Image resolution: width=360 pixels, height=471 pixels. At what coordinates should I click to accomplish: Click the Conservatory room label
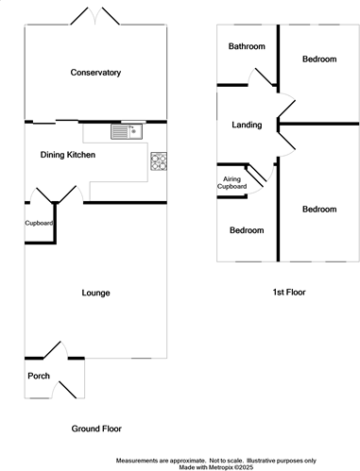tap(95, 73)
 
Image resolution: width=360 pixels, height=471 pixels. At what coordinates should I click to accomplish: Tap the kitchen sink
tap(127, 131)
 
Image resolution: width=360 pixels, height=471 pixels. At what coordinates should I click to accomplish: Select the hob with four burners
tap(159, 161)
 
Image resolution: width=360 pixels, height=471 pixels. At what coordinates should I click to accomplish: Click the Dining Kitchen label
tap(68, 155)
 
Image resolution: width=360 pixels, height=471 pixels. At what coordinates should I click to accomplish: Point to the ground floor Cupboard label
tap(39, 223)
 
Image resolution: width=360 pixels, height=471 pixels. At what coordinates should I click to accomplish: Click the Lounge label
tap(95, 293)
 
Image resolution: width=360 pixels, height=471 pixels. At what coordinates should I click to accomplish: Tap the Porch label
tap(39, 376)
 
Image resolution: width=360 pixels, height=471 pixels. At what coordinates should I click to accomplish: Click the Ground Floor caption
tap(96, 429)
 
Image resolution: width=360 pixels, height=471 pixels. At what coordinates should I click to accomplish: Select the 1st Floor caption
tap(289, 293)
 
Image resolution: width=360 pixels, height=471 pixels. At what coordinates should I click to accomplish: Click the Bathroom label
tap(247, 46)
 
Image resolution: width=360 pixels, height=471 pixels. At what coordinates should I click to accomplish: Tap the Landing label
tap(247, 125)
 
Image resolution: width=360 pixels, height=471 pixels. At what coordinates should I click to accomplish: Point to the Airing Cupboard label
tap(231, 183)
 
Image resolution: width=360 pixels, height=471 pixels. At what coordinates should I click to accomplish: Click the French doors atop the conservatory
tap(94, 16)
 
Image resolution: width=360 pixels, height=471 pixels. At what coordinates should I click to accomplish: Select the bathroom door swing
tap(261, 77)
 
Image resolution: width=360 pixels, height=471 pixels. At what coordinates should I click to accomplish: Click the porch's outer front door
tap(64, 390)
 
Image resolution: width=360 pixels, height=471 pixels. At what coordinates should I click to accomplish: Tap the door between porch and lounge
tap(56, 350)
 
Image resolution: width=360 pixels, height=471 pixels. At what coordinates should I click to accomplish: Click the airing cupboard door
tap(258, 177)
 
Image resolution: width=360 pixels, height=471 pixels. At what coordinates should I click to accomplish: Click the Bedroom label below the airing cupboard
tap(247, 230)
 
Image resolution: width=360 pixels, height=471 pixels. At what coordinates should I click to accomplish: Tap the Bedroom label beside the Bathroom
tap(319, 59)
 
